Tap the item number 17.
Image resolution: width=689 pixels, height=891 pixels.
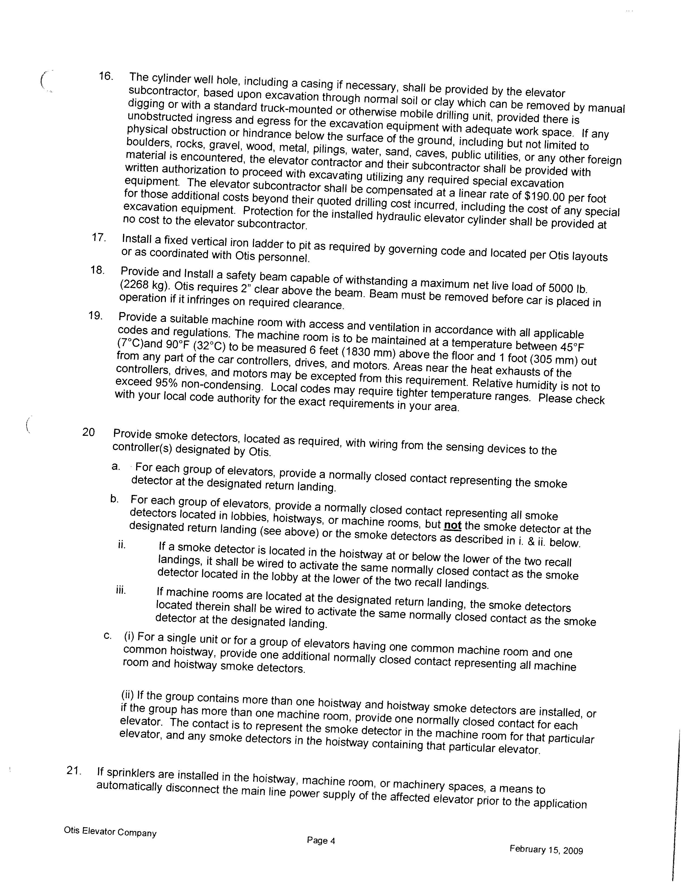[99, 237]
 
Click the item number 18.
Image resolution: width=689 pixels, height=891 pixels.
[98, 270]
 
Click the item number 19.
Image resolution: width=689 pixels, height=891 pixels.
[95, 315]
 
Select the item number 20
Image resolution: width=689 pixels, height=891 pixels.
[89, 432]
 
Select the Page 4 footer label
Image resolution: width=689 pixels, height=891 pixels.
[321, 840]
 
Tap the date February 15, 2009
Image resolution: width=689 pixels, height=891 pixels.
[546, 850]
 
